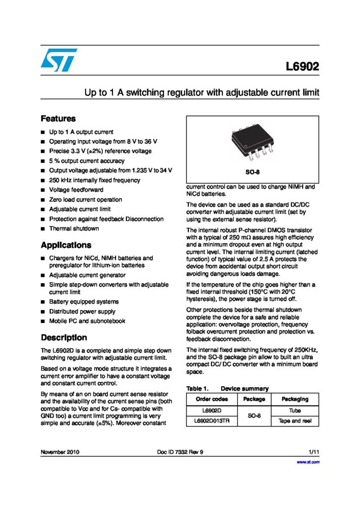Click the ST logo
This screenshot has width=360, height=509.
point(59,60)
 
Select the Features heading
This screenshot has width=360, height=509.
point(58,119)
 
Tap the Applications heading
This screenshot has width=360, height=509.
point(66,245)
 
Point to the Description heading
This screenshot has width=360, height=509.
point(64,338)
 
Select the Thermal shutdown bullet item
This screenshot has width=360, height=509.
point(74,229)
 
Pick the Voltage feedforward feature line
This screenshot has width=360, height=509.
point(76,190)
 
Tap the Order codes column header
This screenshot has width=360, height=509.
point(212,399)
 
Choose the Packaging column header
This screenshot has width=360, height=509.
point(295,399)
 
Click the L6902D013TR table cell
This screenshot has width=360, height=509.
point(212,421)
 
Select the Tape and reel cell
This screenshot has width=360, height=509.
point(295,421)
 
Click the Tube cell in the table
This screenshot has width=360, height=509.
point(295,411)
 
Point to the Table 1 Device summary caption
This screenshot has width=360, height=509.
point(227,388)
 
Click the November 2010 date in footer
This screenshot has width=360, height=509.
point(60,452)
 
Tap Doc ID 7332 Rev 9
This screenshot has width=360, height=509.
point(180,452)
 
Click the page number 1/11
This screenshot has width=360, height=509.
point(313,452)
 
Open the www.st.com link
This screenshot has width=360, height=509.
point(308,462)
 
